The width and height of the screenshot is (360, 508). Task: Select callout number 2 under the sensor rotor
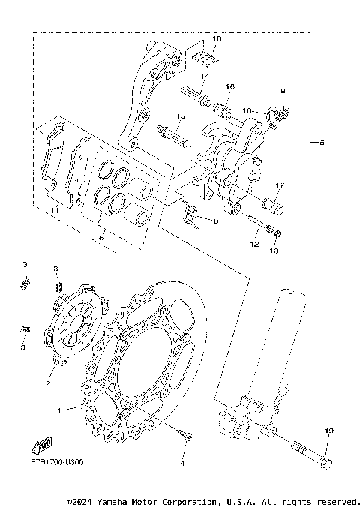pyautogui.click(x=47, y=383)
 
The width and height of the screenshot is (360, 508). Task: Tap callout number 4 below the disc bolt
pyautogui.click(x=181, y=464)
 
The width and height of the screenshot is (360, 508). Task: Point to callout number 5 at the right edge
pyautogui.click(x=322, y=143)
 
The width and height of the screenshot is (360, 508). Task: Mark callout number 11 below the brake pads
pyautogui.click(x=53, y=212)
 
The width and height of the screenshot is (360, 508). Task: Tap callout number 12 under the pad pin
pyautogui.click(x=254, y=245)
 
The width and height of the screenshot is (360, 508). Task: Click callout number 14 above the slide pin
pyautogui.click(x=205, y=77)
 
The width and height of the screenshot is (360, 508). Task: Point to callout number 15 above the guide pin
pyautogui.click(x=181, y=116)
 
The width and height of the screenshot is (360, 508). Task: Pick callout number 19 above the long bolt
pyautogui.click(x=328, y=431)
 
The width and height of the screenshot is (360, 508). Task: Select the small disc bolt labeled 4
pyautogui.click(x=185, y=434)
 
